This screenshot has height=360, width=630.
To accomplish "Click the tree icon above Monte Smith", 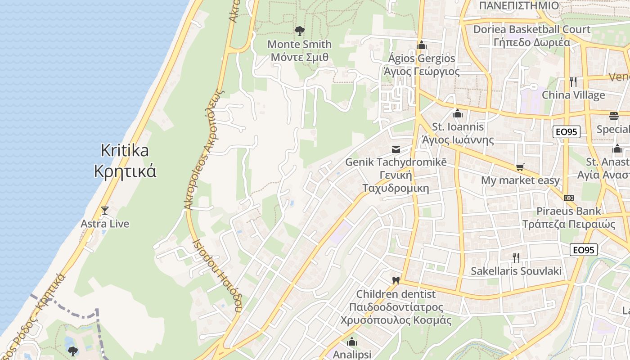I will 299,31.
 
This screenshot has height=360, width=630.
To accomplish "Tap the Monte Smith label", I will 299,51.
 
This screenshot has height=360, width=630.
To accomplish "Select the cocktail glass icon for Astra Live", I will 105,210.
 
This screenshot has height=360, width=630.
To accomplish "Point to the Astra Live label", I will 105,224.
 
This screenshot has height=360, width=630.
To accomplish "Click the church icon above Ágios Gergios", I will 422,45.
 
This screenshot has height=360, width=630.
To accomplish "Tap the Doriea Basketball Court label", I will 531,36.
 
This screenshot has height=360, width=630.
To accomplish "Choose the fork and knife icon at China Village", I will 573,81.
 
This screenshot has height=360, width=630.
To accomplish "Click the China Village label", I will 573,95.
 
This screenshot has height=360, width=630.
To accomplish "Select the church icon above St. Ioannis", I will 458,113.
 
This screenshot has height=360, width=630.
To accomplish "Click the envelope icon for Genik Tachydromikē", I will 396,149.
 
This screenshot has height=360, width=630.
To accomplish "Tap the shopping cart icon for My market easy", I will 520,167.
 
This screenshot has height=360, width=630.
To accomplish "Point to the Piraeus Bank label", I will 568,217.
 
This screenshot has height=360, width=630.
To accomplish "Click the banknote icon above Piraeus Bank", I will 568,198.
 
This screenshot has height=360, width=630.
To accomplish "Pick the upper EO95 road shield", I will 567,132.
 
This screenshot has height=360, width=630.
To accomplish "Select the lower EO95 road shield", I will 584,250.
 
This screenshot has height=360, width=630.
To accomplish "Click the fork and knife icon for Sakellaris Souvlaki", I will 516,258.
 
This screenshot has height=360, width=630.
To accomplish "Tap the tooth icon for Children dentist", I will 396,280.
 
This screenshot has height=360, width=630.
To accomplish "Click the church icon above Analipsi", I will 352,342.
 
